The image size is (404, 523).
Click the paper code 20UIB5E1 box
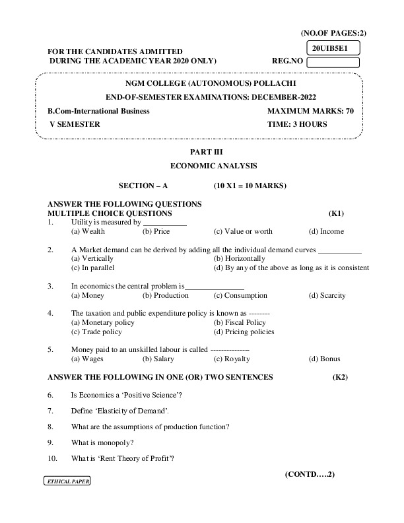click(333, 48)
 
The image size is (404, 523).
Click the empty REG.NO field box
click(333, 62)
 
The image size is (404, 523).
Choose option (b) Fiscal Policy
click(239, 323)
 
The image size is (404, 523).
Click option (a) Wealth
click(88, 232)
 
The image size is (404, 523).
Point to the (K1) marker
click(336, 214)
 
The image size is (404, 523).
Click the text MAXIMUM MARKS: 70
click(310, 111)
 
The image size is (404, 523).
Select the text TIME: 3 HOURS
click(297, 124)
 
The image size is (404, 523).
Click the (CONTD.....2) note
click(310, 475)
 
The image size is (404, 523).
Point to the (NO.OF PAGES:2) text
click(333, 33)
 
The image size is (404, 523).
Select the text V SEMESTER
click(75, 124)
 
